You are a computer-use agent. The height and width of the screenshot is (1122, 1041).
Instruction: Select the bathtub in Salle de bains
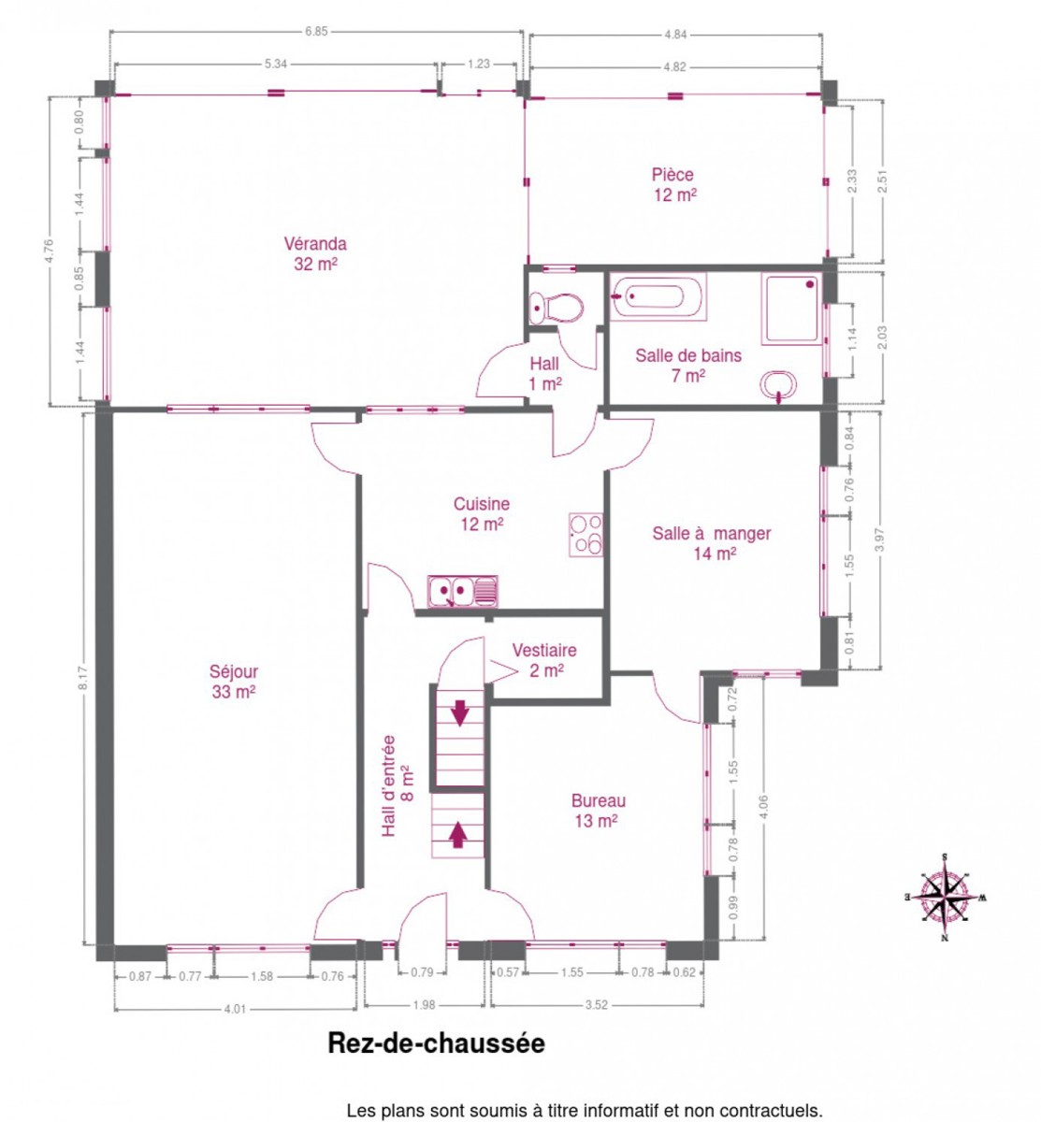[658, 297]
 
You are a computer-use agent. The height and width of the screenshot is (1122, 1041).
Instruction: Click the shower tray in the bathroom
[792, 309]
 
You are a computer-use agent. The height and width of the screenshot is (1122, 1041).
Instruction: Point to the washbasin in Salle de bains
[777, 386]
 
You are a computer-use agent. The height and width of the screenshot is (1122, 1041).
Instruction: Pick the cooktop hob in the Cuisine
[586, 535]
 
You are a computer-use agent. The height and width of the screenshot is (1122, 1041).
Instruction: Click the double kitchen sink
[463, 592]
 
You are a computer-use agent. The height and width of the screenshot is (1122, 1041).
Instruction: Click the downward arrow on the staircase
[460, 712]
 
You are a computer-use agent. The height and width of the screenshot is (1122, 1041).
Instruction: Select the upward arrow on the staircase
[457, 835]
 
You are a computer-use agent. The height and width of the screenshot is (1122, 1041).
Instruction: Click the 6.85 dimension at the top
[316, 32]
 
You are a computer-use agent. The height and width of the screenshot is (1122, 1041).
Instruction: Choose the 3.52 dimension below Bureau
[596, 1005]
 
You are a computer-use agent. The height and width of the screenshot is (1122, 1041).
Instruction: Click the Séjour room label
[234, 682]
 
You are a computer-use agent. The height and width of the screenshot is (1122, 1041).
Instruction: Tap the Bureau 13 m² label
[599, 811]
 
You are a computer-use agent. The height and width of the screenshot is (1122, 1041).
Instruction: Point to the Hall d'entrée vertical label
[397, 784]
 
